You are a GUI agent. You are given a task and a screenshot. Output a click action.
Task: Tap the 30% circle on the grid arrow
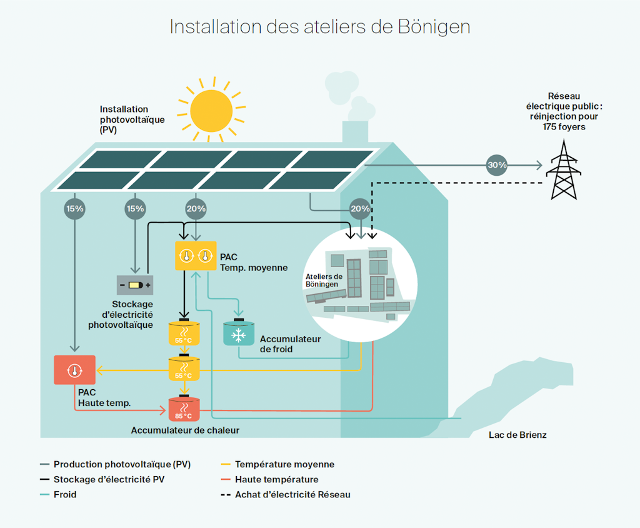497,166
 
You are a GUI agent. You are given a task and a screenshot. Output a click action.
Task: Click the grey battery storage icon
135,285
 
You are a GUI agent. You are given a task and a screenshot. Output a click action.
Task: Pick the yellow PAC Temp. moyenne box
196,255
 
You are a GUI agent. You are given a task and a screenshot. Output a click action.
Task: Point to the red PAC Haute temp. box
74,370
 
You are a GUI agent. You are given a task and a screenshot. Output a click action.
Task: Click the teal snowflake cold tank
238,334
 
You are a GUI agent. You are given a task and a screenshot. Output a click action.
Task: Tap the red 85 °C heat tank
184,409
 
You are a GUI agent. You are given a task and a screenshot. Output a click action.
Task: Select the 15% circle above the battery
135,209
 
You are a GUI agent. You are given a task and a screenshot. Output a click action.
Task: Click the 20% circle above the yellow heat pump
196,209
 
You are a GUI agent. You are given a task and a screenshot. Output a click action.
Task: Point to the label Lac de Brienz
517,435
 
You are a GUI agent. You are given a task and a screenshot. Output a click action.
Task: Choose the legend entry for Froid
65,494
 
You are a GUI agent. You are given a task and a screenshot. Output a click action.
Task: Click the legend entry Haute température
276,479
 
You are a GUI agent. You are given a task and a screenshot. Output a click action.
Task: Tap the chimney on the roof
355,131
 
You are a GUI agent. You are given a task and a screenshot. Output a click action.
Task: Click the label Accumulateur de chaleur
185,430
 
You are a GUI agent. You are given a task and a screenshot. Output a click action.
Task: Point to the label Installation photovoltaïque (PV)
132,119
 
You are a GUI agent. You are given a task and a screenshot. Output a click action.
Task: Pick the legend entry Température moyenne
284,464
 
